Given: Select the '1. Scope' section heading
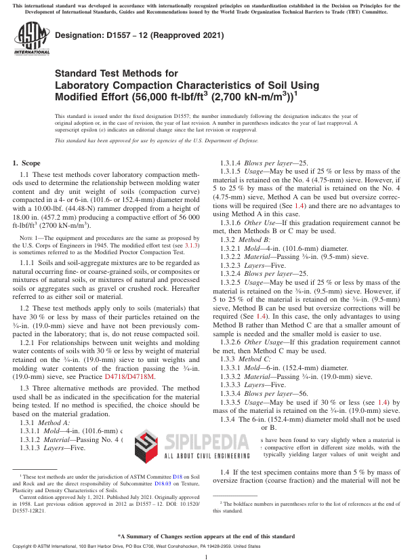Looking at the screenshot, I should point(27,163).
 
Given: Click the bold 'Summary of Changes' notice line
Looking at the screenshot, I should point(207,535).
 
